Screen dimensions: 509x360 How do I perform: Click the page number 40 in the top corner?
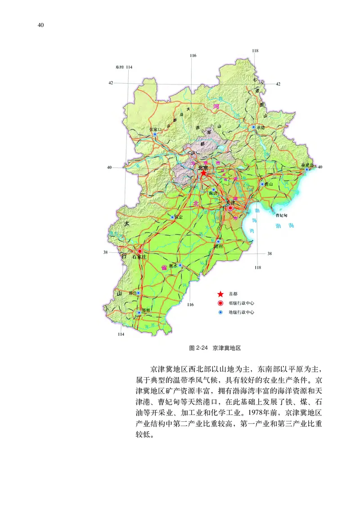tap(40, 25)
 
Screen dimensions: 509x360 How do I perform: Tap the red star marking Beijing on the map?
tap(204, 173)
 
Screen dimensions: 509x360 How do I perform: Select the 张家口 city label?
tap(156, 129)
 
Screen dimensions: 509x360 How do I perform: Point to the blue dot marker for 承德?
tap(254, 127)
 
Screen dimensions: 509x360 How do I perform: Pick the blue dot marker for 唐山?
tap(262, 184)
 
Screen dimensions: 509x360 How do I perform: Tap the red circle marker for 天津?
tap(230, 208)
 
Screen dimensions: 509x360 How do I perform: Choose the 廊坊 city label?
tap(213, 193)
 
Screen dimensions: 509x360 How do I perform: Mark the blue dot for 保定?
tap(172, 217)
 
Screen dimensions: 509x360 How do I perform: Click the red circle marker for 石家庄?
tap(140, 251)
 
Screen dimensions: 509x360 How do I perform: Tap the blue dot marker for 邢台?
tap(138, 293)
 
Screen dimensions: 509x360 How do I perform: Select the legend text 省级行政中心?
tap(241, 303)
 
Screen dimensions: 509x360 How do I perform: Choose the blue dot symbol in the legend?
tap(220, 312)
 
